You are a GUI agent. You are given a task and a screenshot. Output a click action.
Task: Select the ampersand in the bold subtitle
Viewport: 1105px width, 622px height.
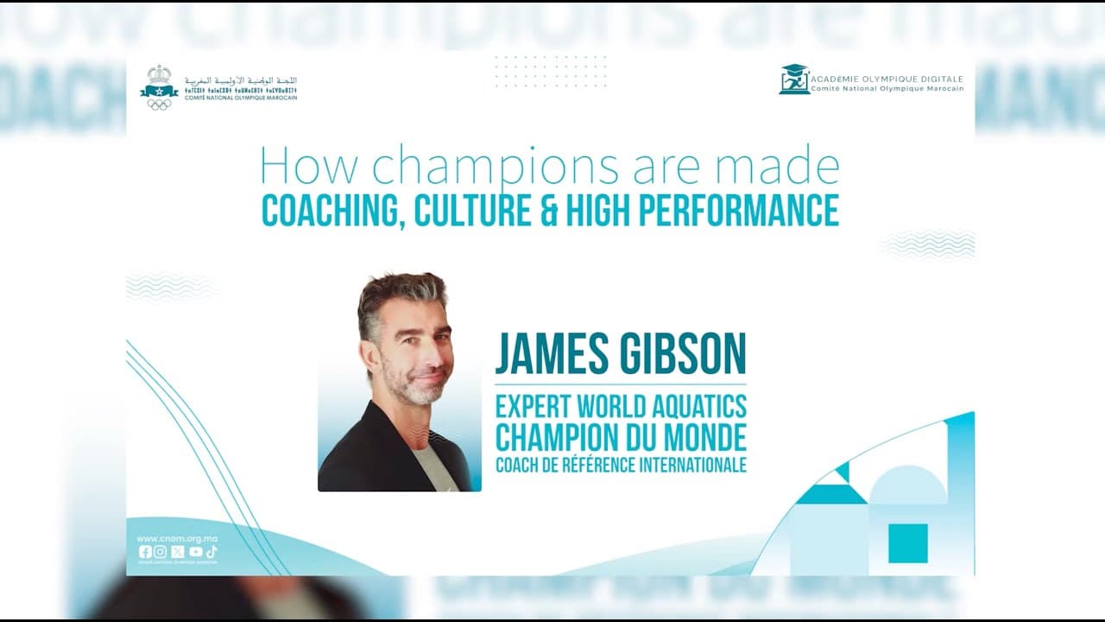(x=549, y=211)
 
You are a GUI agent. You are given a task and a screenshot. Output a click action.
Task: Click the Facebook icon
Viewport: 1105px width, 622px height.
(x=145, y=552)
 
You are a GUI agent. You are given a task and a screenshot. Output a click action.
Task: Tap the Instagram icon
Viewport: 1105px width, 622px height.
(x=161, y=552)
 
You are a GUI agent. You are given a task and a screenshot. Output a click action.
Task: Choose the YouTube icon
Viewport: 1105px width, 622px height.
(x=195, y=552)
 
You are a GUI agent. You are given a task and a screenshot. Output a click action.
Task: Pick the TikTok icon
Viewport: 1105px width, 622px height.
(x=212, y=552)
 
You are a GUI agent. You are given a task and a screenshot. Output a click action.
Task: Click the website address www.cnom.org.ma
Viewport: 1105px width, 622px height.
(x=177, y=539)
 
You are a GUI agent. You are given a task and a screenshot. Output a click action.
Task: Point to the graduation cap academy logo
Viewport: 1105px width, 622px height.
(x=794, y=79)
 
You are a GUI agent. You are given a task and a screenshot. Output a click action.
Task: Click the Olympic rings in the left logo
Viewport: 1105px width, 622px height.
(x=159, y=104)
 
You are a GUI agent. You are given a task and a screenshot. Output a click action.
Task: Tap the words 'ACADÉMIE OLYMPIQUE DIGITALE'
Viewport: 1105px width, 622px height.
(x=887, y=79)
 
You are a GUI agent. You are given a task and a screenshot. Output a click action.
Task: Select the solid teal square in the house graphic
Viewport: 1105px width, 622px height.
(x=908, y=543)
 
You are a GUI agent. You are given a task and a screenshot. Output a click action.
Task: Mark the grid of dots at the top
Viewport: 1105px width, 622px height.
(x=551, y=72)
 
